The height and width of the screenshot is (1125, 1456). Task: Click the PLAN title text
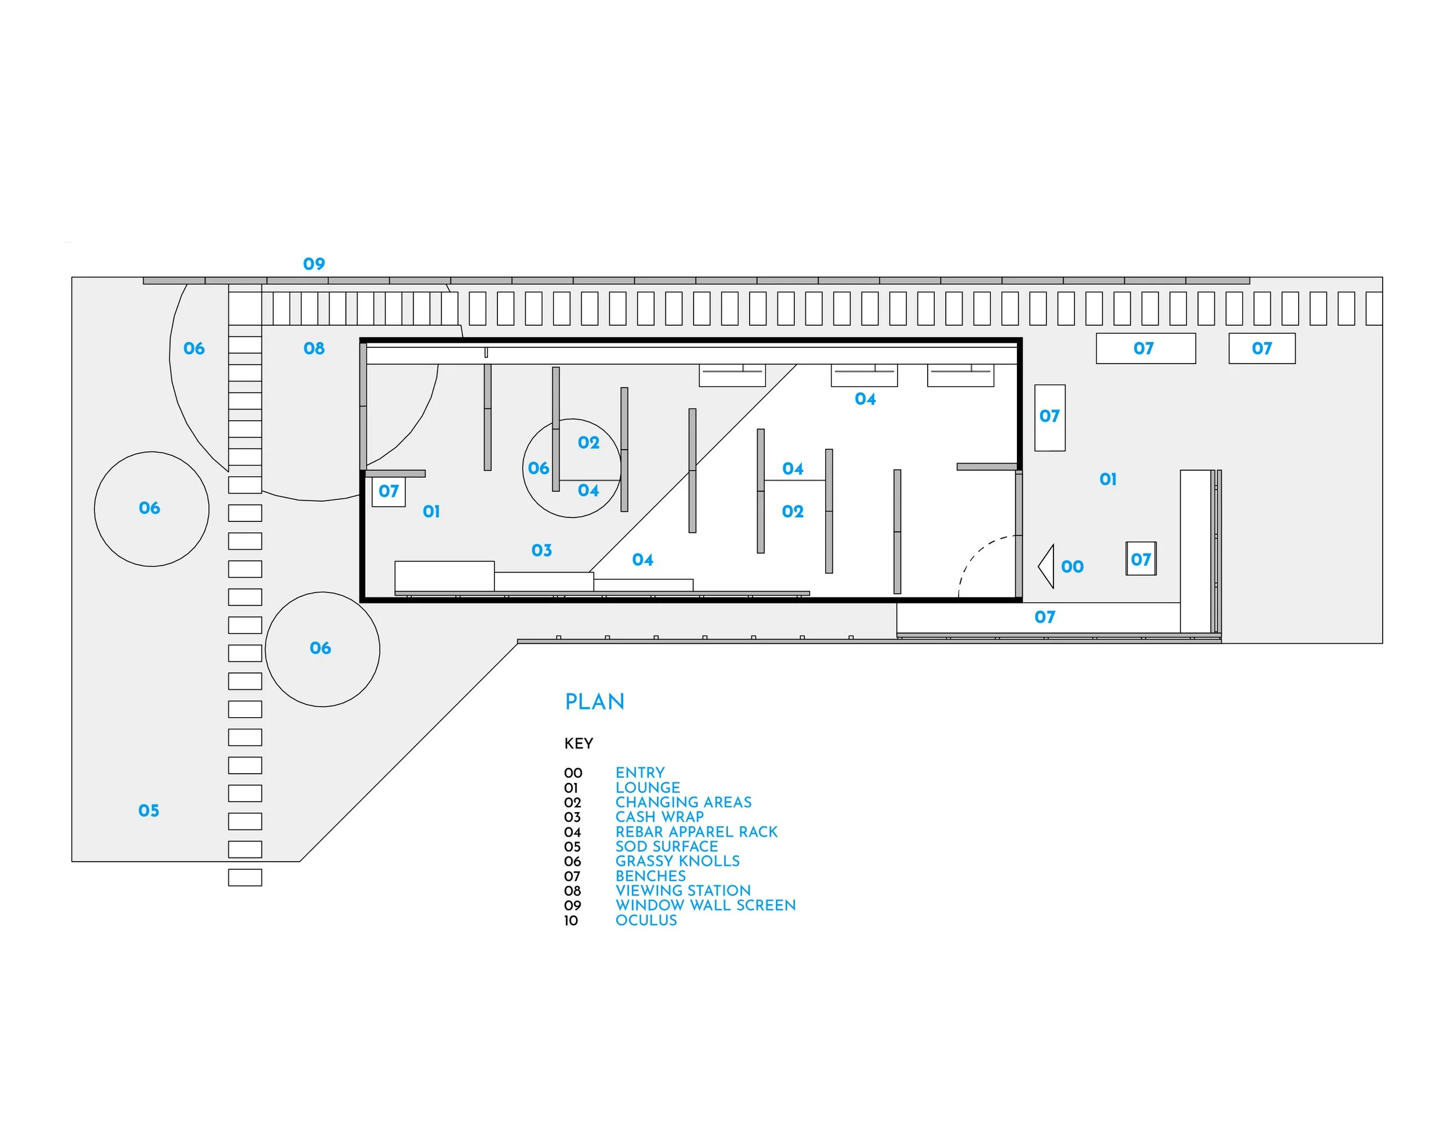click(594, 701)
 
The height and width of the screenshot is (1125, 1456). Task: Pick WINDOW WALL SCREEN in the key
click(705, 905)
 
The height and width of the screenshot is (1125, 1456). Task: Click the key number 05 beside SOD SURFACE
click(572, 847)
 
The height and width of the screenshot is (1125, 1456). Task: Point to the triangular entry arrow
click(1047, 566)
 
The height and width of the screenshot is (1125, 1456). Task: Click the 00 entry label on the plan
click(1072, 567)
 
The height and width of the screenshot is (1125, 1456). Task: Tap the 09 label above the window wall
click(314, 264)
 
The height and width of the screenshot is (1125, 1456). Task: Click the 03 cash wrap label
click(541, 550)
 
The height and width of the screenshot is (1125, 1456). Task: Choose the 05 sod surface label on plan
click(149, 810)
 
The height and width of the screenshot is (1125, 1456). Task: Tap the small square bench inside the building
click(388, 492)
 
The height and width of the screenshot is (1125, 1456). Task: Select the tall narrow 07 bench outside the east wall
click(1049, 418)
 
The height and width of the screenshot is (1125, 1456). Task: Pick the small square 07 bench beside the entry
click(1141, 559)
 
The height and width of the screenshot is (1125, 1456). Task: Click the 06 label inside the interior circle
click(538, 468)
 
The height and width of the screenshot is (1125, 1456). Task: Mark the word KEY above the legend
click(578, 743)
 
